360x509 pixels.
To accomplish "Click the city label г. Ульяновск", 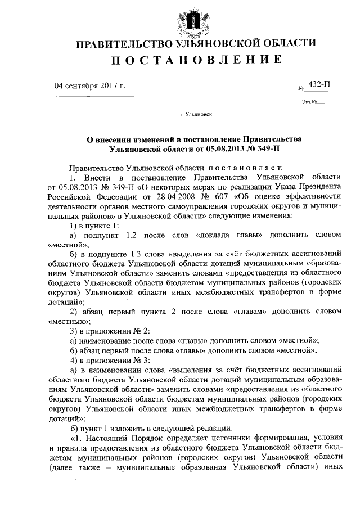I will [x=196, y=114].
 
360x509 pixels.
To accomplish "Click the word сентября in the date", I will [x=83, y=86].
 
